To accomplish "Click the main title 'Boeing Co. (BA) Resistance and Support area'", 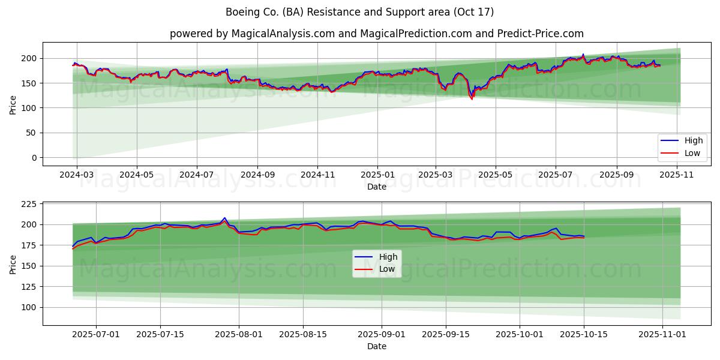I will point(360,12).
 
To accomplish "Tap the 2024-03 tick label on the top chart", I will point(76,175).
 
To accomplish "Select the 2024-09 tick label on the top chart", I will point(257,175).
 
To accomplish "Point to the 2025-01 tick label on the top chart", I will point(377,175).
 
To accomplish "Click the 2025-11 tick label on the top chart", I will point(677,175).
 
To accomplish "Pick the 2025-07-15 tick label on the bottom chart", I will point(160,335).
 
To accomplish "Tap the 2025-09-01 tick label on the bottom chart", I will point(382,335).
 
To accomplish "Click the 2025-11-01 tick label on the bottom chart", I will point(662,335).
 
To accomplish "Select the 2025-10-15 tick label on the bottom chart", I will point(584,335).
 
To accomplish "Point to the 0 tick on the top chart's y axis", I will point(35,158).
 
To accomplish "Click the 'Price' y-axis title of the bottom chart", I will point(13,264).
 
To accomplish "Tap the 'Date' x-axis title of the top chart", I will point(376,187).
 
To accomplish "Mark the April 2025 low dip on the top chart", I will point(472,99).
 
